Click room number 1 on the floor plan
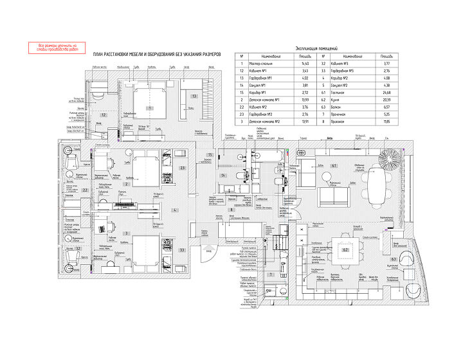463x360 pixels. point(149,109)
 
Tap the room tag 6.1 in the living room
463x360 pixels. point(334,165)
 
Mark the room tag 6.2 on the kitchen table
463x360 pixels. point(345,249)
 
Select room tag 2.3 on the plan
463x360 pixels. point(182,168)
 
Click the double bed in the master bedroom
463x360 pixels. point(150,103)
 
